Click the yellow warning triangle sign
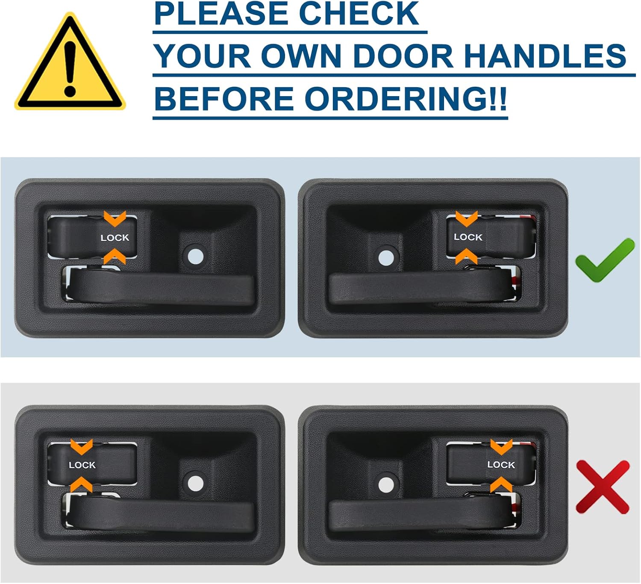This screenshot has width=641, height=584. (x=70, y=64)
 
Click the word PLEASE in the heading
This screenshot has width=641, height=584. (x=221, y=14)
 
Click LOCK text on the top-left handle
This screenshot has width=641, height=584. (x=115, y=238)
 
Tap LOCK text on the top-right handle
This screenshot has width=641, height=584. (x=468, y=237)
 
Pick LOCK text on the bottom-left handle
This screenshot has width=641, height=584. (x=82, y=465)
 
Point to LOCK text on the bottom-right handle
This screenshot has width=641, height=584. (x=501, y=464)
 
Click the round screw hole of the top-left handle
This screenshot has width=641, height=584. (x=195, y=256)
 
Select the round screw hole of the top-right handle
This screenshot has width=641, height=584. (x=386, y=257)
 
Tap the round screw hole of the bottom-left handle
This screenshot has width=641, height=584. (x=195, y=483)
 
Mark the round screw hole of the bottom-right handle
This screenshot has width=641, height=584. (x=386, y=484)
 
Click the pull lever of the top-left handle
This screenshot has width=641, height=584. (x=162, y=289)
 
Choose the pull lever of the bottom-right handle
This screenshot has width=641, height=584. (x=419, y=515)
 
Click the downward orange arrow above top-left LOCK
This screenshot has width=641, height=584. (x=115, y=219)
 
